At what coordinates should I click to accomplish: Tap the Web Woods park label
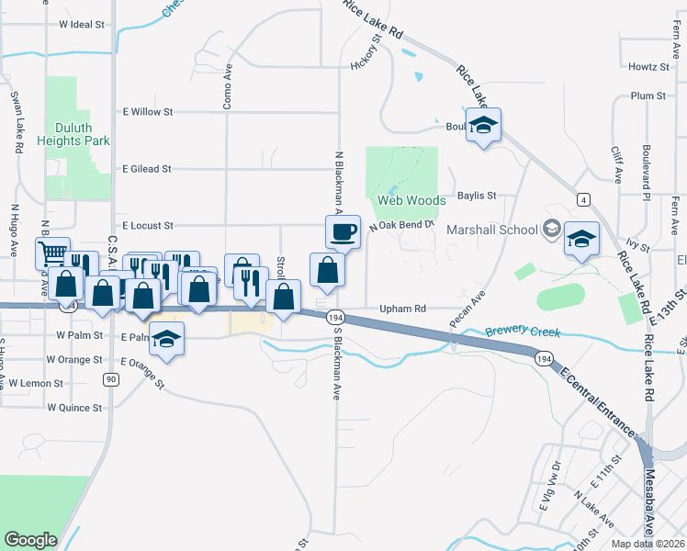pyautogui.click(x=411, y=200)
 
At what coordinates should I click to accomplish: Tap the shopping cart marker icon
pyautogui.click(x=52, y=253)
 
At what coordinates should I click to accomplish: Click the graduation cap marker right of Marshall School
pyautogui.click(x=580, y=240)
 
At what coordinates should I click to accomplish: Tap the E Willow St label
pyautogui.click(x=147, y=112)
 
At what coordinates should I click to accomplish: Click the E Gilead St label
pyautogui.click(x=146, y=169)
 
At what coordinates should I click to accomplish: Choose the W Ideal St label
pyautogui.click(x=81, y=25)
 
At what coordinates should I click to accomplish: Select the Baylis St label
pyautogui.click(x=477, y=196)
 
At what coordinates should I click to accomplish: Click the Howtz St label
pyautogui.click(x=648, y=67)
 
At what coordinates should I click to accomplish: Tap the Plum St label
pyautogui.click(x=648, y=96)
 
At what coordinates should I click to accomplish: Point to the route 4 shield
pyautogui.click(x=583, y=198)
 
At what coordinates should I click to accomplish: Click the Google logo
pyautogui.click(x=30, y=540)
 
